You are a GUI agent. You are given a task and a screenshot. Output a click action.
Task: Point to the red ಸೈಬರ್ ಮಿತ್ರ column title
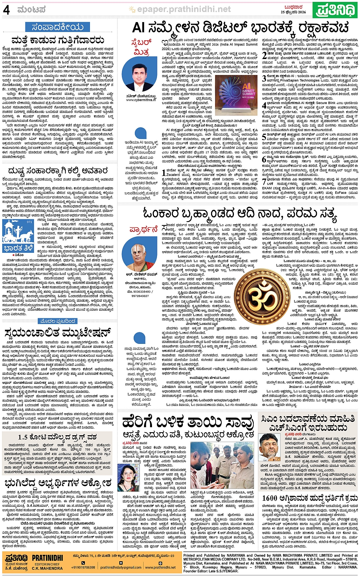click(141, 47)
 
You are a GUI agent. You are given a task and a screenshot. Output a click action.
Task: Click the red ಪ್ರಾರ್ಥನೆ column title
click(144, 229)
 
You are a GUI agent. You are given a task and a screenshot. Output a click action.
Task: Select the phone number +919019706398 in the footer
click(83, 567)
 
